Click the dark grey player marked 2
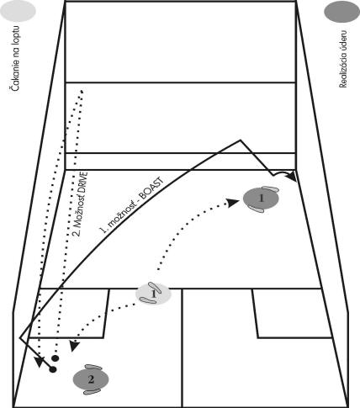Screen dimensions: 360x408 pos(91,379)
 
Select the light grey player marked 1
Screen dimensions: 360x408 pos(153,294)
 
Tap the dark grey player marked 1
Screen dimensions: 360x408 pos(261,199)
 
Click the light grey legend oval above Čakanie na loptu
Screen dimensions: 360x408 pos(18,10)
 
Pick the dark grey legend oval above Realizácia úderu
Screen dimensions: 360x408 pos(341,11)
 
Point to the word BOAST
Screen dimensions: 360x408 pos(151,188)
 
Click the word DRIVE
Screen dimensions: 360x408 pos(83,187)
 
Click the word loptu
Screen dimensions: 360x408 pos(15,33)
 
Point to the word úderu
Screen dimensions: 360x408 pos(343,40)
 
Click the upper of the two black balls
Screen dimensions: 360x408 pos(56,358)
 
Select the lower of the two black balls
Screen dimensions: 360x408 pos(53,369)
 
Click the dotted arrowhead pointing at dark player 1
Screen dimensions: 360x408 pos(232,203)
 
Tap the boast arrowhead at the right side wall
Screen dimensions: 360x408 pos(292,177)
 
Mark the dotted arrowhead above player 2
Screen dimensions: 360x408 pos(74,346)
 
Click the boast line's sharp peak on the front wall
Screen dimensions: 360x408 pos(240,140)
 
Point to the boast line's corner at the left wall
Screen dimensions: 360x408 pos(20,337)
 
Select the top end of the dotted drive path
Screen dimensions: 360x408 pos(82,91)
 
